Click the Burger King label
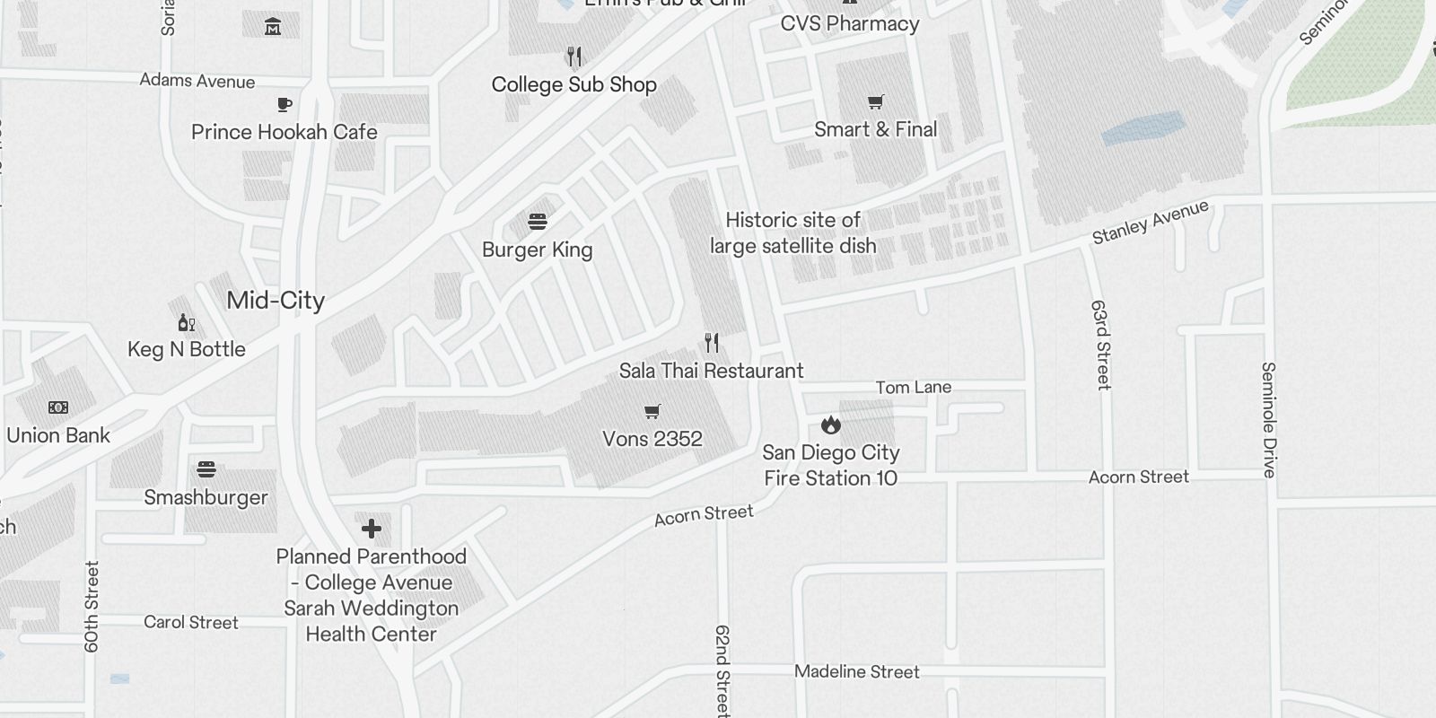[537, 250]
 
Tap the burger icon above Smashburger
[206, 469]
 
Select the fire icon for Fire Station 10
[831, 424]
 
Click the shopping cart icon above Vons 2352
[652, 412]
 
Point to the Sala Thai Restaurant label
[711, 371]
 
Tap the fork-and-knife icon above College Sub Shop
[574, 57]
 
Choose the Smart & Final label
[875, 129]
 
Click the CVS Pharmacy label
[849, 24]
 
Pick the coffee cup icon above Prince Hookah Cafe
[285, 105]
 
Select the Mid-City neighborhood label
[276, 301]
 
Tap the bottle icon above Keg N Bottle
[186, 323]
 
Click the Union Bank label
[58, 435]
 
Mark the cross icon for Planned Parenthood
[372, 528]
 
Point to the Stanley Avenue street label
[1150, 223]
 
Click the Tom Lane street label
[913, 388]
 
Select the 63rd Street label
[1101, 345]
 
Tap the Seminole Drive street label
[1268, 419]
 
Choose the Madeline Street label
[856, 671]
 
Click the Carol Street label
[191, 622]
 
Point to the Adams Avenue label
[197, 82]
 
